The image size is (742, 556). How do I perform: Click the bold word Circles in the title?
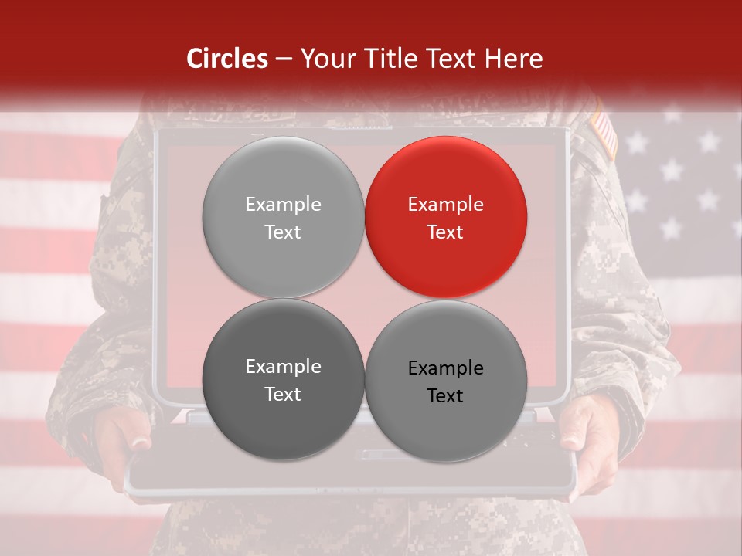pos(226,59)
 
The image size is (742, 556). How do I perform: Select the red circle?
pos(445,217)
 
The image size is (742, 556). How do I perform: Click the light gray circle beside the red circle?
pos(283,217)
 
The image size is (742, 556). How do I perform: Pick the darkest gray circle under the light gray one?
pos(283,379)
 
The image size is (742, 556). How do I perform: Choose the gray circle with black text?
pos(445,381)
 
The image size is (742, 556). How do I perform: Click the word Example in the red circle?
pos(445,205)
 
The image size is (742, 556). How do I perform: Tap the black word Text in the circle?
pos(445,396)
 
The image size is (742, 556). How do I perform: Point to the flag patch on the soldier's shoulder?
pos(605,134)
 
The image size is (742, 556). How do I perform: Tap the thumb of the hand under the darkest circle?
pos(140,442)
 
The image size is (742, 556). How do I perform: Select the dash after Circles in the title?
pos(284,59)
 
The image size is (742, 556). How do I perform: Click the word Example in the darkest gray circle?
pos(283,367)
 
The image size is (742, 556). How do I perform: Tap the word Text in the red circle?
pos(445,232)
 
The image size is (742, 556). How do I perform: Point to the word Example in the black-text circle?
pos(445,368)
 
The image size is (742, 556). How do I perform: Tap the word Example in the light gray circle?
pos(283,205)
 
